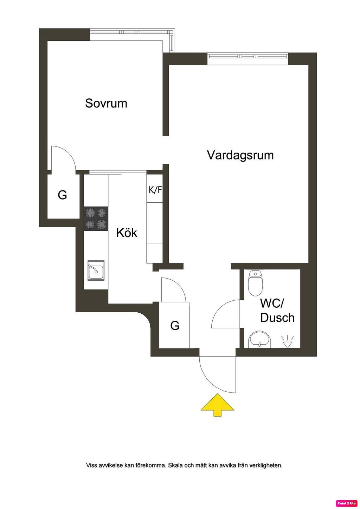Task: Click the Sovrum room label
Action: pyautogui.click(x=106, y=103)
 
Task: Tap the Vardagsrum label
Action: pyautogui.click(x=240, y=155)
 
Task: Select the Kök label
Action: pyautogui.click(x=127, y=233)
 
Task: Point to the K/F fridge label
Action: pyautogui.click(x=155, y=190)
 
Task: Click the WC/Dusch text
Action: pyautogui.click(x=277, y=310)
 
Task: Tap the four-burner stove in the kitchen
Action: pyautogui.click(x=96, y=218)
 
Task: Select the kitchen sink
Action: pyautogui.click(x=96, y=270)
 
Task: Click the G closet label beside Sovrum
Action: pyautogui.click(x=62, y=195)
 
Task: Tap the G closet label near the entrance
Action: pyautogui.click(x=175, y=326)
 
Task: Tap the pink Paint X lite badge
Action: pyautogui.click(x=347, y=503)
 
